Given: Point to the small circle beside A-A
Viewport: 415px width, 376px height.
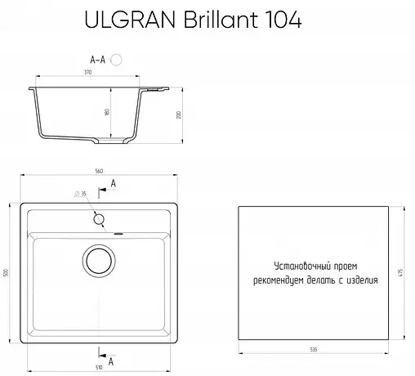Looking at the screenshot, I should [x=117, y=60].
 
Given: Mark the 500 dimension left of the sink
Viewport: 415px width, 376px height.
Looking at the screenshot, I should [x=6, y=273].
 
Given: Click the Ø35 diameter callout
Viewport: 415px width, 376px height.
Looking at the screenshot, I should [x=80, y=194].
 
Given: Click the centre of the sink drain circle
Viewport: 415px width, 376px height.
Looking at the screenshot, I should [x=99, y=262].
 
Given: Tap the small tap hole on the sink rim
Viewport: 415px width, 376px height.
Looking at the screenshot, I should [x=99, y=219].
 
